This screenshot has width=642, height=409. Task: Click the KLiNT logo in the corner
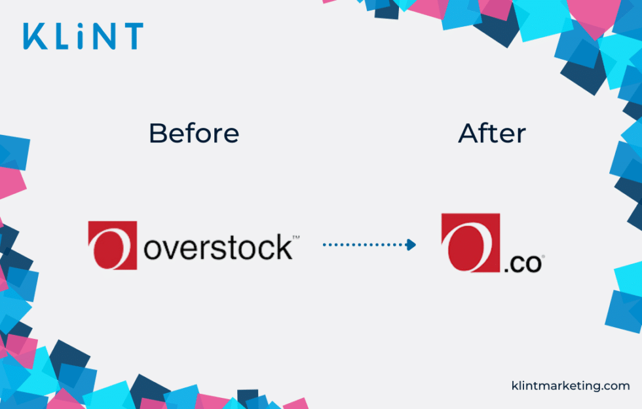tap(83, 36)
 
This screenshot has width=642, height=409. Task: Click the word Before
tap(194, 134)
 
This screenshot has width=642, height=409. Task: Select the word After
tap(492, 134)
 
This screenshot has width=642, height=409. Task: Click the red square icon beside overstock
tap(113, 245)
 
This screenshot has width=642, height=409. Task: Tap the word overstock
tap(217, 247)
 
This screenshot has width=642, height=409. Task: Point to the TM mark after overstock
tap(295, 237)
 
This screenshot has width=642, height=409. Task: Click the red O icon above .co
tap(470, 243)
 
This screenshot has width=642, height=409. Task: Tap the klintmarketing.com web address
tap(570, 386)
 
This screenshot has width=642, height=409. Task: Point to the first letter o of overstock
tap(155, 250)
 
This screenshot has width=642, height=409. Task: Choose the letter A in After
tap(468, 134)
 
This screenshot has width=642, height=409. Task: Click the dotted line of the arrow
tap(364, 245)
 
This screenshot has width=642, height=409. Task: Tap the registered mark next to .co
tap(542, 257)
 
